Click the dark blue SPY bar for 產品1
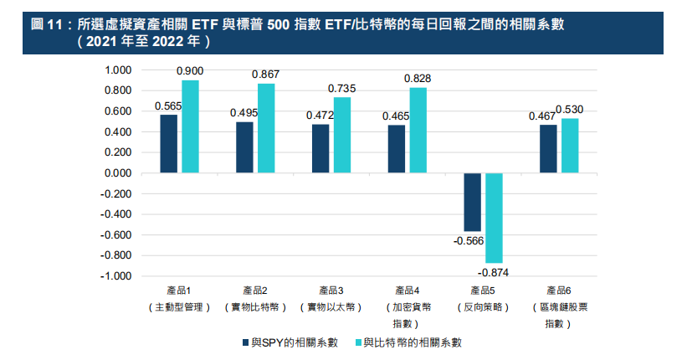(169, 144)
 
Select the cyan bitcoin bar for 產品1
(190, 126)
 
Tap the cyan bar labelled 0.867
(266, 128)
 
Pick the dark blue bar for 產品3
(320, 149)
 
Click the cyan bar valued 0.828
(418, 131)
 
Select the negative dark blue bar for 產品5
(472, 202)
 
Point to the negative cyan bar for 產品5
(494, 218)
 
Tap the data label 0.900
(190, 72)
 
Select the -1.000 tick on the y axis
(116, 275)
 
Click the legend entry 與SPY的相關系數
(290, 342)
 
